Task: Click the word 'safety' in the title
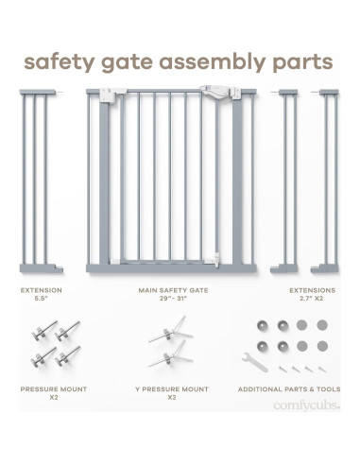point(60,62)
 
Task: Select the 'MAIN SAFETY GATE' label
point(173,290)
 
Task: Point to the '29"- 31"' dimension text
point(173,299)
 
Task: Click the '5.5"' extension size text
point(41,299)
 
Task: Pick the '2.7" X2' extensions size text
point(312,299)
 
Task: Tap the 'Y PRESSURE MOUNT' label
point(172,389)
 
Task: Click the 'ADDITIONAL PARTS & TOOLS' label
point(289,389)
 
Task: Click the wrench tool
point(255,362)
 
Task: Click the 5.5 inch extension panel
point(41,181)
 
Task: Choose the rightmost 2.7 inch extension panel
point(325,181)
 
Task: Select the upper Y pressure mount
point(170,331)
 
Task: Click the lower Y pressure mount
point(170,355)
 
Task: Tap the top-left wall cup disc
point(262,325)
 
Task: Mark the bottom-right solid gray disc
point(322,346)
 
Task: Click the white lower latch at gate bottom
point(212,260)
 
